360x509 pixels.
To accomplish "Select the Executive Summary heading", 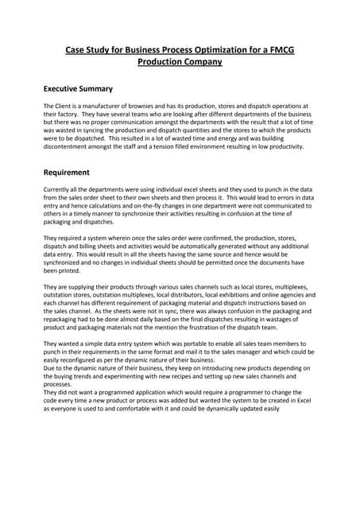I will [78, 88].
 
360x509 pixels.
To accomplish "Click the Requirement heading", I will [66, 172].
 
